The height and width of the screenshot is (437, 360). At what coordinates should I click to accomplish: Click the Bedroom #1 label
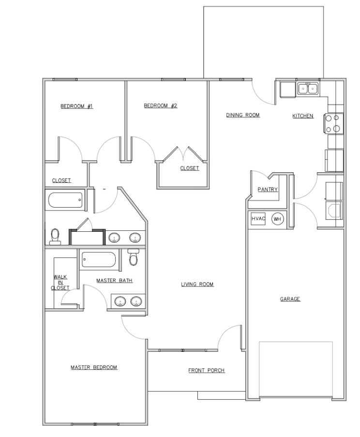point(76,106)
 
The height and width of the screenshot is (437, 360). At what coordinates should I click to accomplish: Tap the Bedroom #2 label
point(161,105)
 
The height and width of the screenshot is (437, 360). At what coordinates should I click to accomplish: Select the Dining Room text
point(243,115)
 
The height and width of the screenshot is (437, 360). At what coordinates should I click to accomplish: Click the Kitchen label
point(303,116)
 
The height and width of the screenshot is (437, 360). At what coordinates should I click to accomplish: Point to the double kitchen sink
point(308,89)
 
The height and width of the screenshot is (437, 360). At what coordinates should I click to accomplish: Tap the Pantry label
point(268,189)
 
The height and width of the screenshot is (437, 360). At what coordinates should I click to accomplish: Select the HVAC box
point(258,219)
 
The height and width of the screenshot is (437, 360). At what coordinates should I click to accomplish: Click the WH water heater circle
point(277,219)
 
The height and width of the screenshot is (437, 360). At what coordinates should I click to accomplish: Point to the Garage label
point(290,299)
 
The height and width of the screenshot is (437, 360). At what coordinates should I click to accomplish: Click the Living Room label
point(197,284)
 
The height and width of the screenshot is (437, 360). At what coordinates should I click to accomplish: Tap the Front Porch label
point(206,371)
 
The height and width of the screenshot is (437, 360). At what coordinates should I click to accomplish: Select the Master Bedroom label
point(94,367)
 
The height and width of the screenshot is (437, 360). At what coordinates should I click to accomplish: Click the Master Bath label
point(114,280)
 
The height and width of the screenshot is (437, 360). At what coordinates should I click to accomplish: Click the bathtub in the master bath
point(99,260)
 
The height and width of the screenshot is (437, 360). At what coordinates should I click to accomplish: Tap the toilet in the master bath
point(134,257)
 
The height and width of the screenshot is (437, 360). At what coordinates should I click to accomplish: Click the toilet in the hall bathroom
point(55,236)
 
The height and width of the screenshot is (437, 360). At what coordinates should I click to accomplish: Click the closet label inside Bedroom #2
point(189,168)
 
